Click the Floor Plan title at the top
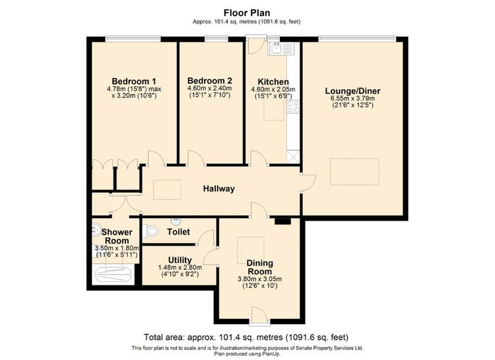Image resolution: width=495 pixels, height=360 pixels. pos(247,13)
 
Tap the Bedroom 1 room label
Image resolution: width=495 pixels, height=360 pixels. pos(134,81)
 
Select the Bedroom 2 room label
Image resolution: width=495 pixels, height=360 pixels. pos(210,81)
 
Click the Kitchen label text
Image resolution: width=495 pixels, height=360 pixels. pos(273,81)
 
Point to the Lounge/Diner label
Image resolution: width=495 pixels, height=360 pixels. pos(352,91)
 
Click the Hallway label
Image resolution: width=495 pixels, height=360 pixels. pos(218,189)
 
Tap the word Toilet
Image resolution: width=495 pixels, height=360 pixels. pos(179,232)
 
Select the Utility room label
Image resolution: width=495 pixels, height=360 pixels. pos(180,260)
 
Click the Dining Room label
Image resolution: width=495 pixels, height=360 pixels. pos(260,267)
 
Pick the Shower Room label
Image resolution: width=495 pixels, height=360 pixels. pos(117,236)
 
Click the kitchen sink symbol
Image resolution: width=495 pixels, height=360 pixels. pos(281,48)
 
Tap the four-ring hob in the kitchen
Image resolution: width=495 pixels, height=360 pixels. pos(293,106)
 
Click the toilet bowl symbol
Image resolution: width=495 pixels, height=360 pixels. pos(150,231)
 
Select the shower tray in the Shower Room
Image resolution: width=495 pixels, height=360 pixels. pos(114,275)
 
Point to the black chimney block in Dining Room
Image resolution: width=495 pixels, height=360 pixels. pos(282,221)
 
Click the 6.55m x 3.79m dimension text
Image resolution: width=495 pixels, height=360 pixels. pos(352,98)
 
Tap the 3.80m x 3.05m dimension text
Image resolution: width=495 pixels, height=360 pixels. pos(260,279)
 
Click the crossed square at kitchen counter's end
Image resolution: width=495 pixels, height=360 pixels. pos(293,157)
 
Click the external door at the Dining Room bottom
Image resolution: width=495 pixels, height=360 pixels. pos(259,314)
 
